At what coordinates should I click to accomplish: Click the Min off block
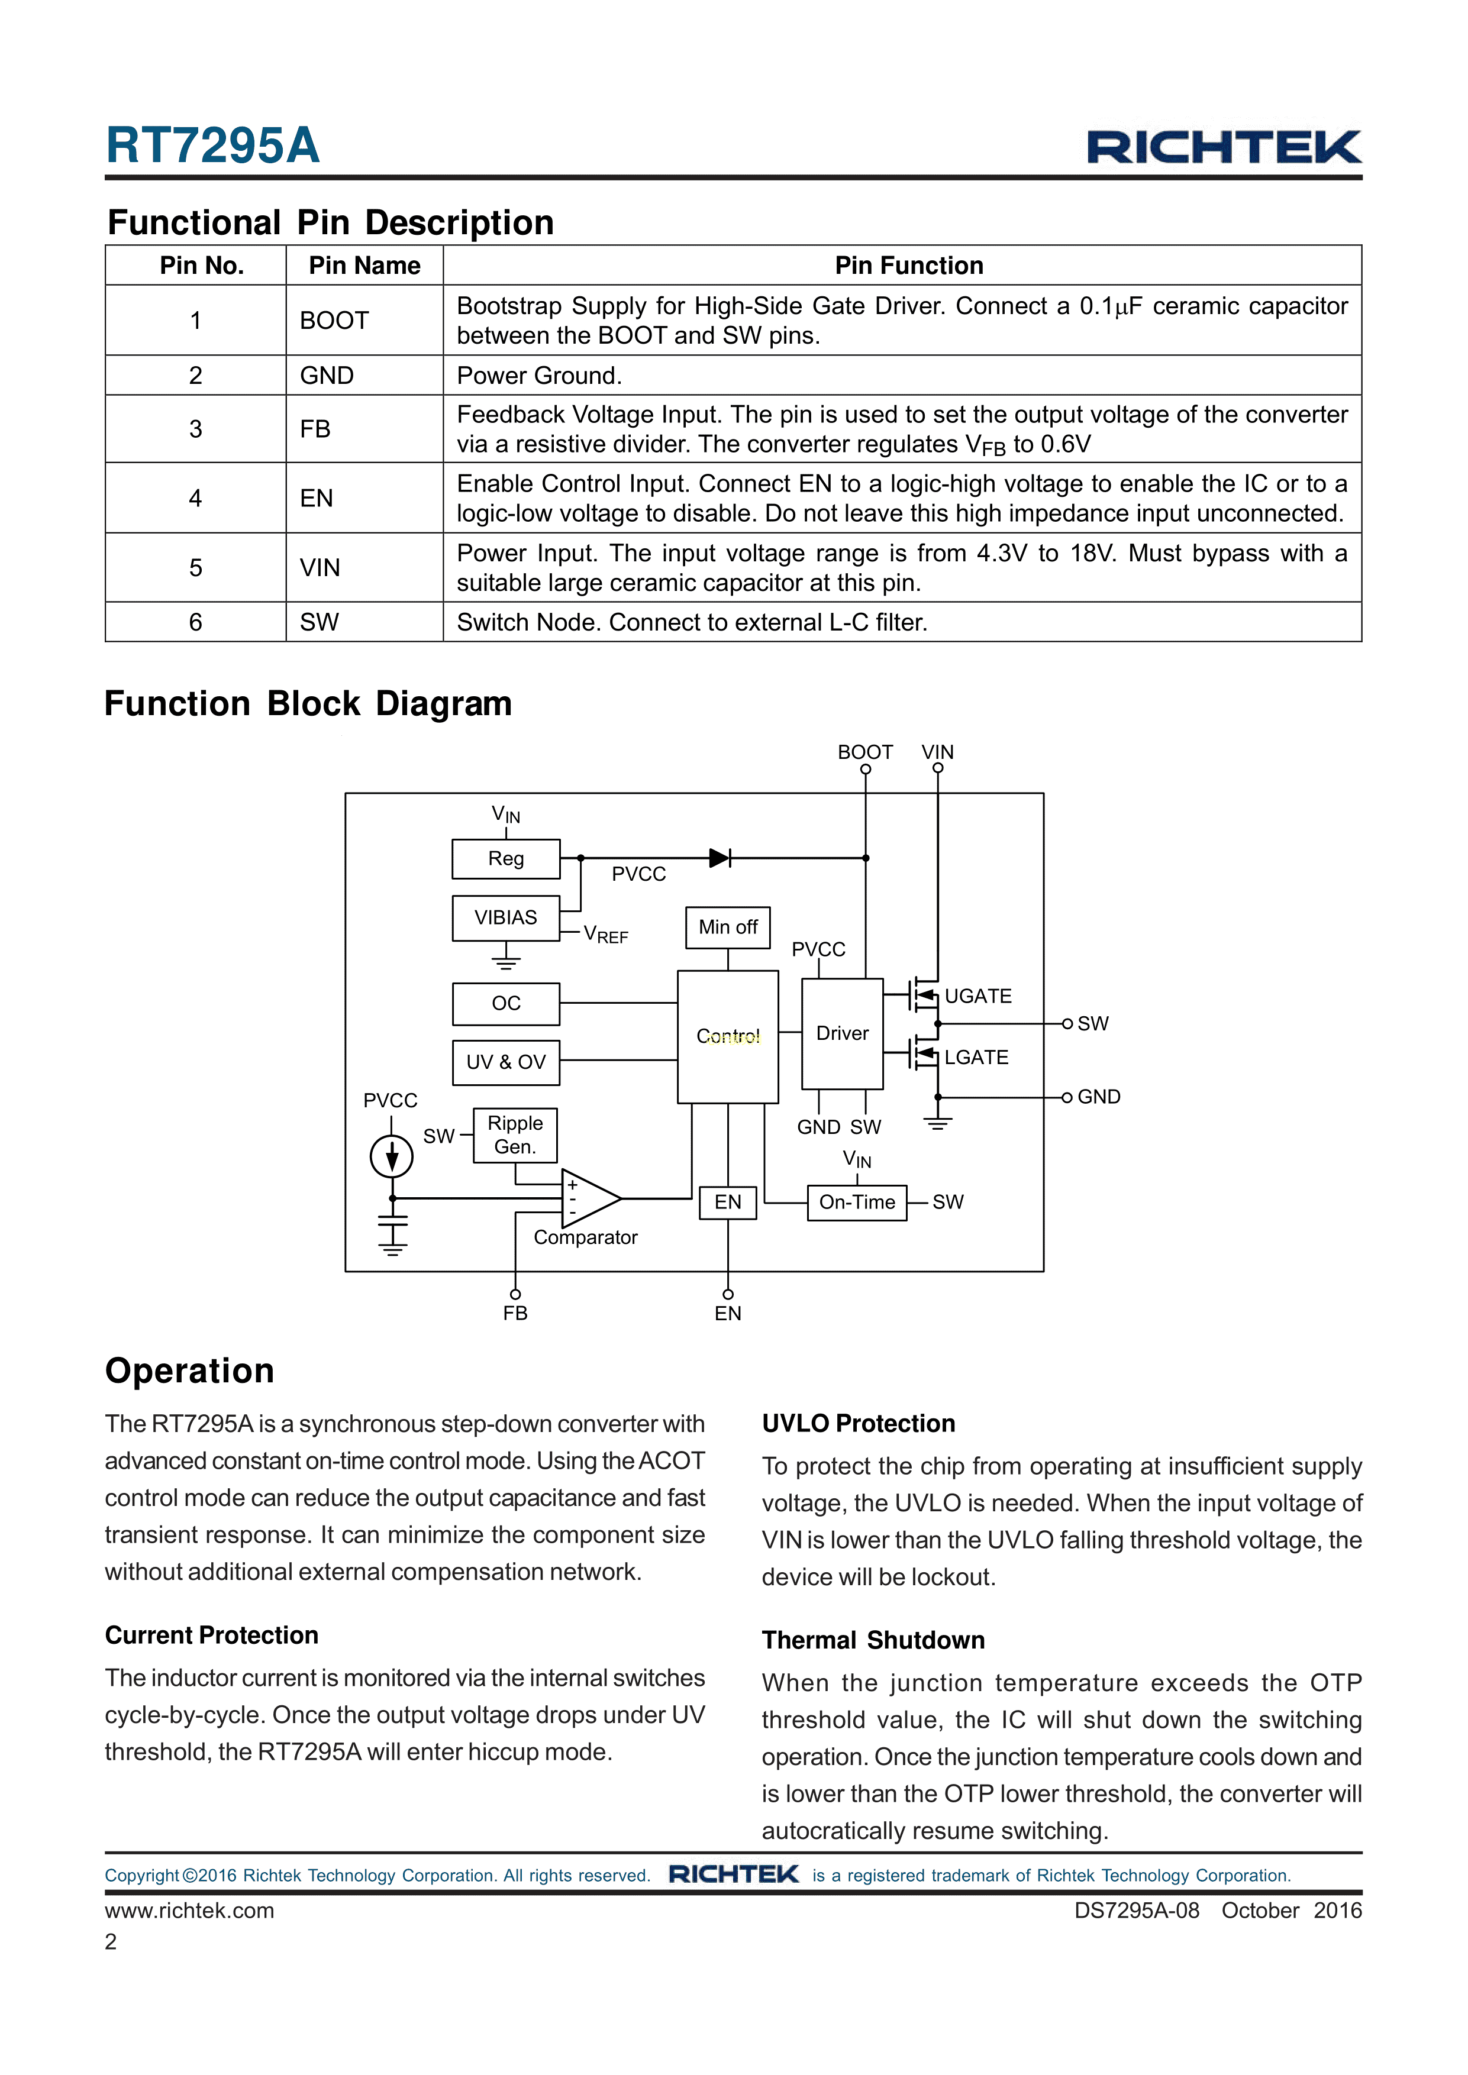point(728,927)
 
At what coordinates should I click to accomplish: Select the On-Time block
point(856,1202)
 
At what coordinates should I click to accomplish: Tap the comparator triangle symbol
point(588,1198)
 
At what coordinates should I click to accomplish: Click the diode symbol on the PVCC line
point(720,858)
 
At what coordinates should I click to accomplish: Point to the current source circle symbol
point(391,1157)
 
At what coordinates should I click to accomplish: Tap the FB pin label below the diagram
point(515,1313)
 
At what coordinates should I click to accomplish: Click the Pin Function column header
point(908,266)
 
